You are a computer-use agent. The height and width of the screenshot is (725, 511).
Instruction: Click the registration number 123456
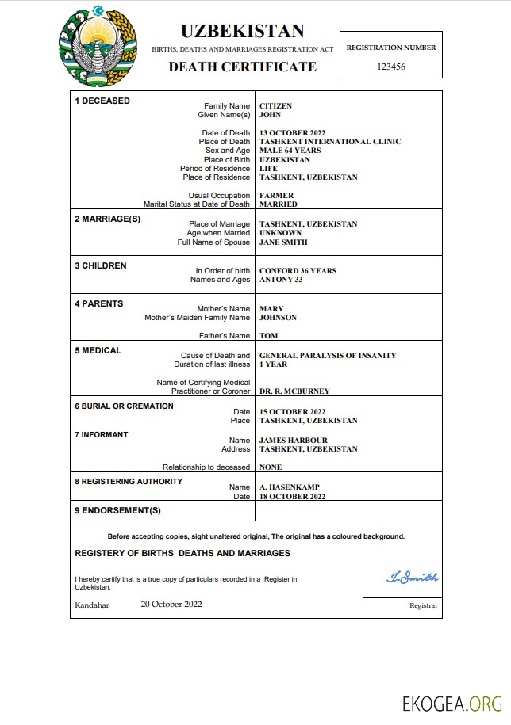pyautogui.click(x=391, y=67)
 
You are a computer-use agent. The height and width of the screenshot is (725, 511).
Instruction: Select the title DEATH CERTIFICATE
pyautogui.click(x=242, y=67)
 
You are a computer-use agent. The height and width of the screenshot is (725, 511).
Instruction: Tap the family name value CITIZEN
pyautogui.click(x=275, y=106)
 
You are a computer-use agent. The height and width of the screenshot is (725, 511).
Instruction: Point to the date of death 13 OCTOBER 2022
pyautogui.click(x=293, y=133)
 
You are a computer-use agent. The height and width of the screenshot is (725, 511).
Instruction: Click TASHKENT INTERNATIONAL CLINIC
pyautogui.click(x=330, y=142)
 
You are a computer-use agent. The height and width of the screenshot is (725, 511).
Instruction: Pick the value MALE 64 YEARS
pyautogui.click(x=290, y=151)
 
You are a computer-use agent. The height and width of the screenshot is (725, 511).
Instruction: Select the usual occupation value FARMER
pyautogui.click(x=276, y=196)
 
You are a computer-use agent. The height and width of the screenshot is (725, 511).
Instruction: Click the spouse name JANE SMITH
pyautogui.click(x=283, y=242)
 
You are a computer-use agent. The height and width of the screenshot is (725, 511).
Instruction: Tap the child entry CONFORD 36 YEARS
pyautogui.click(x=298, y=271)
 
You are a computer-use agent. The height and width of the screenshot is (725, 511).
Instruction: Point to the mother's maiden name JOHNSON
pyautogui.click(x=278, y=318)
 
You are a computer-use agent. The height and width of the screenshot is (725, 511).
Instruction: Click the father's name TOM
pyautogui.click(x=268, y=336)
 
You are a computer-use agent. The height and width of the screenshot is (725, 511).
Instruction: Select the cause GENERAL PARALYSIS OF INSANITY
pyautogui.click(x=328, y=356)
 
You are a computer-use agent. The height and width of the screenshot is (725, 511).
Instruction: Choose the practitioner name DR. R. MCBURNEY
pyautogui.click(x=294, y=391)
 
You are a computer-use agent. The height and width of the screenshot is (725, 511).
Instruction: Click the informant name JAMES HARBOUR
pyautogui.click(x=293, y=441)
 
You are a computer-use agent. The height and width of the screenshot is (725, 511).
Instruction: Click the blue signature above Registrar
pyautogui.click(x=412, y=578)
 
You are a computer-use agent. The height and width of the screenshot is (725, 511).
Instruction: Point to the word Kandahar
pyautogui.click(x=92, y=605)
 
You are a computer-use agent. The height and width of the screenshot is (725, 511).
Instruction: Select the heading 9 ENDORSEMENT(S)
pyautogui.click(x=117, y=510)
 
